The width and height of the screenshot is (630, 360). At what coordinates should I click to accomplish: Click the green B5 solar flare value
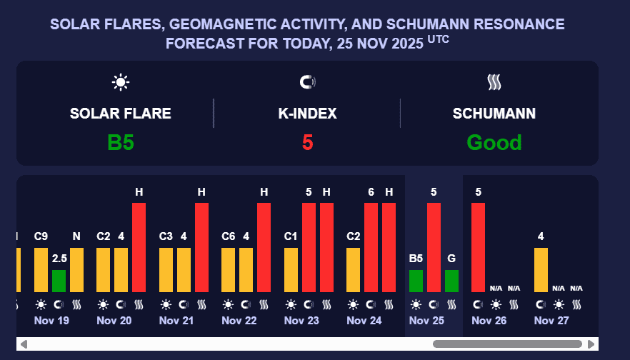coord(121,142)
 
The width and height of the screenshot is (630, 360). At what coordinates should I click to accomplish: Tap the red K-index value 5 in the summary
coord(307,142)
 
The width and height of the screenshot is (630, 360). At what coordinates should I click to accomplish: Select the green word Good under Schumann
coord(494,142)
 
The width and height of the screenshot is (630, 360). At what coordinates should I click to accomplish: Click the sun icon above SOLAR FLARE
coord(121,82)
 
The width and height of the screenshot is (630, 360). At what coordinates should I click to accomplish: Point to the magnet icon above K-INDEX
coord(307,82)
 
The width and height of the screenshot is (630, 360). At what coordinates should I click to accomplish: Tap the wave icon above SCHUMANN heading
coord(494,82)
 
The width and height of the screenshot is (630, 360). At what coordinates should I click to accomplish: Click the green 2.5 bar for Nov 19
coord(59,281)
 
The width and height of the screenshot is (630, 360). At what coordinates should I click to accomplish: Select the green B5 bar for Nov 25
coord(416,281)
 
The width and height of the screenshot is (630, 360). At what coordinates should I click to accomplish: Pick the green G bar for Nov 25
coord(451,281)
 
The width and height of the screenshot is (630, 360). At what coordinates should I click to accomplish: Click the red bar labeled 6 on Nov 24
coord(371,247)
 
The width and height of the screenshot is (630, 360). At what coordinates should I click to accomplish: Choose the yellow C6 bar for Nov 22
coord(229,269)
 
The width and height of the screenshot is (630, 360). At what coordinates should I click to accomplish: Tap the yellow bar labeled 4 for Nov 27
coord(541,269)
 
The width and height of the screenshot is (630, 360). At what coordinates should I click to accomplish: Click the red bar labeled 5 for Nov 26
coord(478,247)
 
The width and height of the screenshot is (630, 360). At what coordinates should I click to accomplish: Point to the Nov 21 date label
coord(176,321)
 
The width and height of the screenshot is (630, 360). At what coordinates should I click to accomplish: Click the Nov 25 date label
coord(427,321)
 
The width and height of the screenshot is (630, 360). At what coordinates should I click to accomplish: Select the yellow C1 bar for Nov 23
coord(291,269)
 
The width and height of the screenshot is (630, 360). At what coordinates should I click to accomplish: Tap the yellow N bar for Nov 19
coord(76,269)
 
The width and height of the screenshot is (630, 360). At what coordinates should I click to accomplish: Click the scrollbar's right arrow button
coord(591,344)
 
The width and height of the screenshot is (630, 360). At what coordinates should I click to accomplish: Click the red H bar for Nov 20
coord(139,247)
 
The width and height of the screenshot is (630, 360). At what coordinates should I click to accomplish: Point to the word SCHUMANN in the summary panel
coord(494,114)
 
